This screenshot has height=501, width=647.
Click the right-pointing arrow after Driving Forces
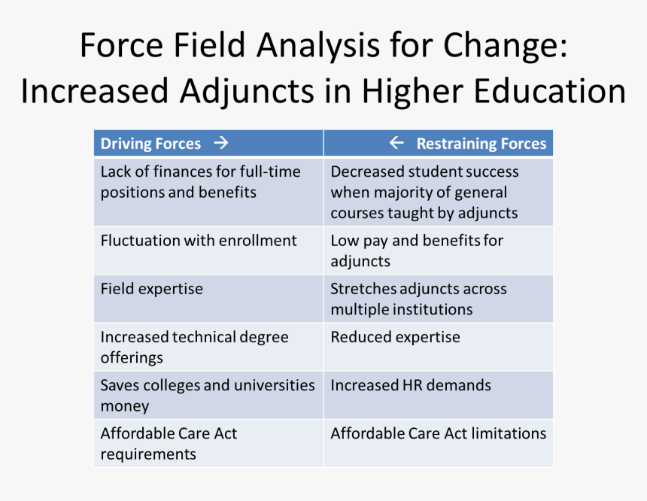point(221,143)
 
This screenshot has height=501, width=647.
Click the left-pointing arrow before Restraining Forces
point(396,143)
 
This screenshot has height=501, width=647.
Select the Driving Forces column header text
point(150,144)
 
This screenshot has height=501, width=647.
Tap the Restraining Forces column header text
point(481,144)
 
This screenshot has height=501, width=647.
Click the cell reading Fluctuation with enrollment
point(208,250)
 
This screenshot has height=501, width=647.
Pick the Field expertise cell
point(208,299)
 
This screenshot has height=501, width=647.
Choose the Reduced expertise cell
point(438,347)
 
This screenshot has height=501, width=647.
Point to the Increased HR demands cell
point(438,395)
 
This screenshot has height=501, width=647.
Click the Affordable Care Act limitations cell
point(438,443)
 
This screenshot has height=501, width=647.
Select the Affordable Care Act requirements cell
point(208,443)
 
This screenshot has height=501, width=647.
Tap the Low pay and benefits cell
point(438,250)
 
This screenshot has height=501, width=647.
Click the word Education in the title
point(550,91)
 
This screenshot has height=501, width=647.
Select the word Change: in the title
point(505,46)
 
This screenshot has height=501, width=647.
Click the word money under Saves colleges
point(125,406)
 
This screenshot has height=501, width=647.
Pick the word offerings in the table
point(132,357)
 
